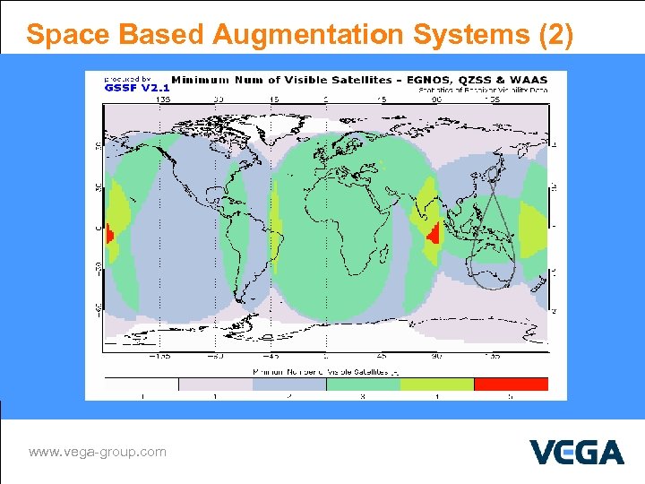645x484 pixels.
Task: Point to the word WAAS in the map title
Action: (529, 80)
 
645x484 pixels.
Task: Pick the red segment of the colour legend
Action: (511, 384)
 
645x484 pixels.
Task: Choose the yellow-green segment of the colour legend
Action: (436, 384)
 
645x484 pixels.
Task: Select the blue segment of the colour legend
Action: (288, 384)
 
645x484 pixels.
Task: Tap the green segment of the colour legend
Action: (363, 384)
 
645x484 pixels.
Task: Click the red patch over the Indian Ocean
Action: (434, 236)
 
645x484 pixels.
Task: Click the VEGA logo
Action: (576, 452)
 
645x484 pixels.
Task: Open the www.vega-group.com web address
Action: (98, 452)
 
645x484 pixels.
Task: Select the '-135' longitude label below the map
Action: (161, 357)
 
